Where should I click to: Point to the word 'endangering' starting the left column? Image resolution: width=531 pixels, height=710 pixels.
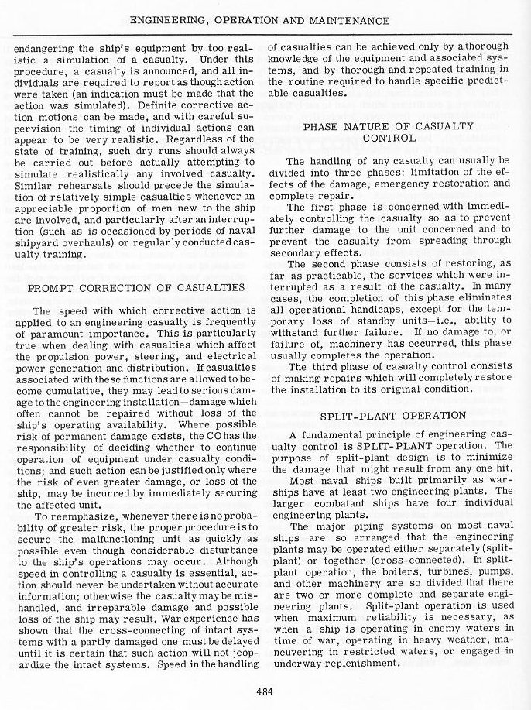pos(45,46)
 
